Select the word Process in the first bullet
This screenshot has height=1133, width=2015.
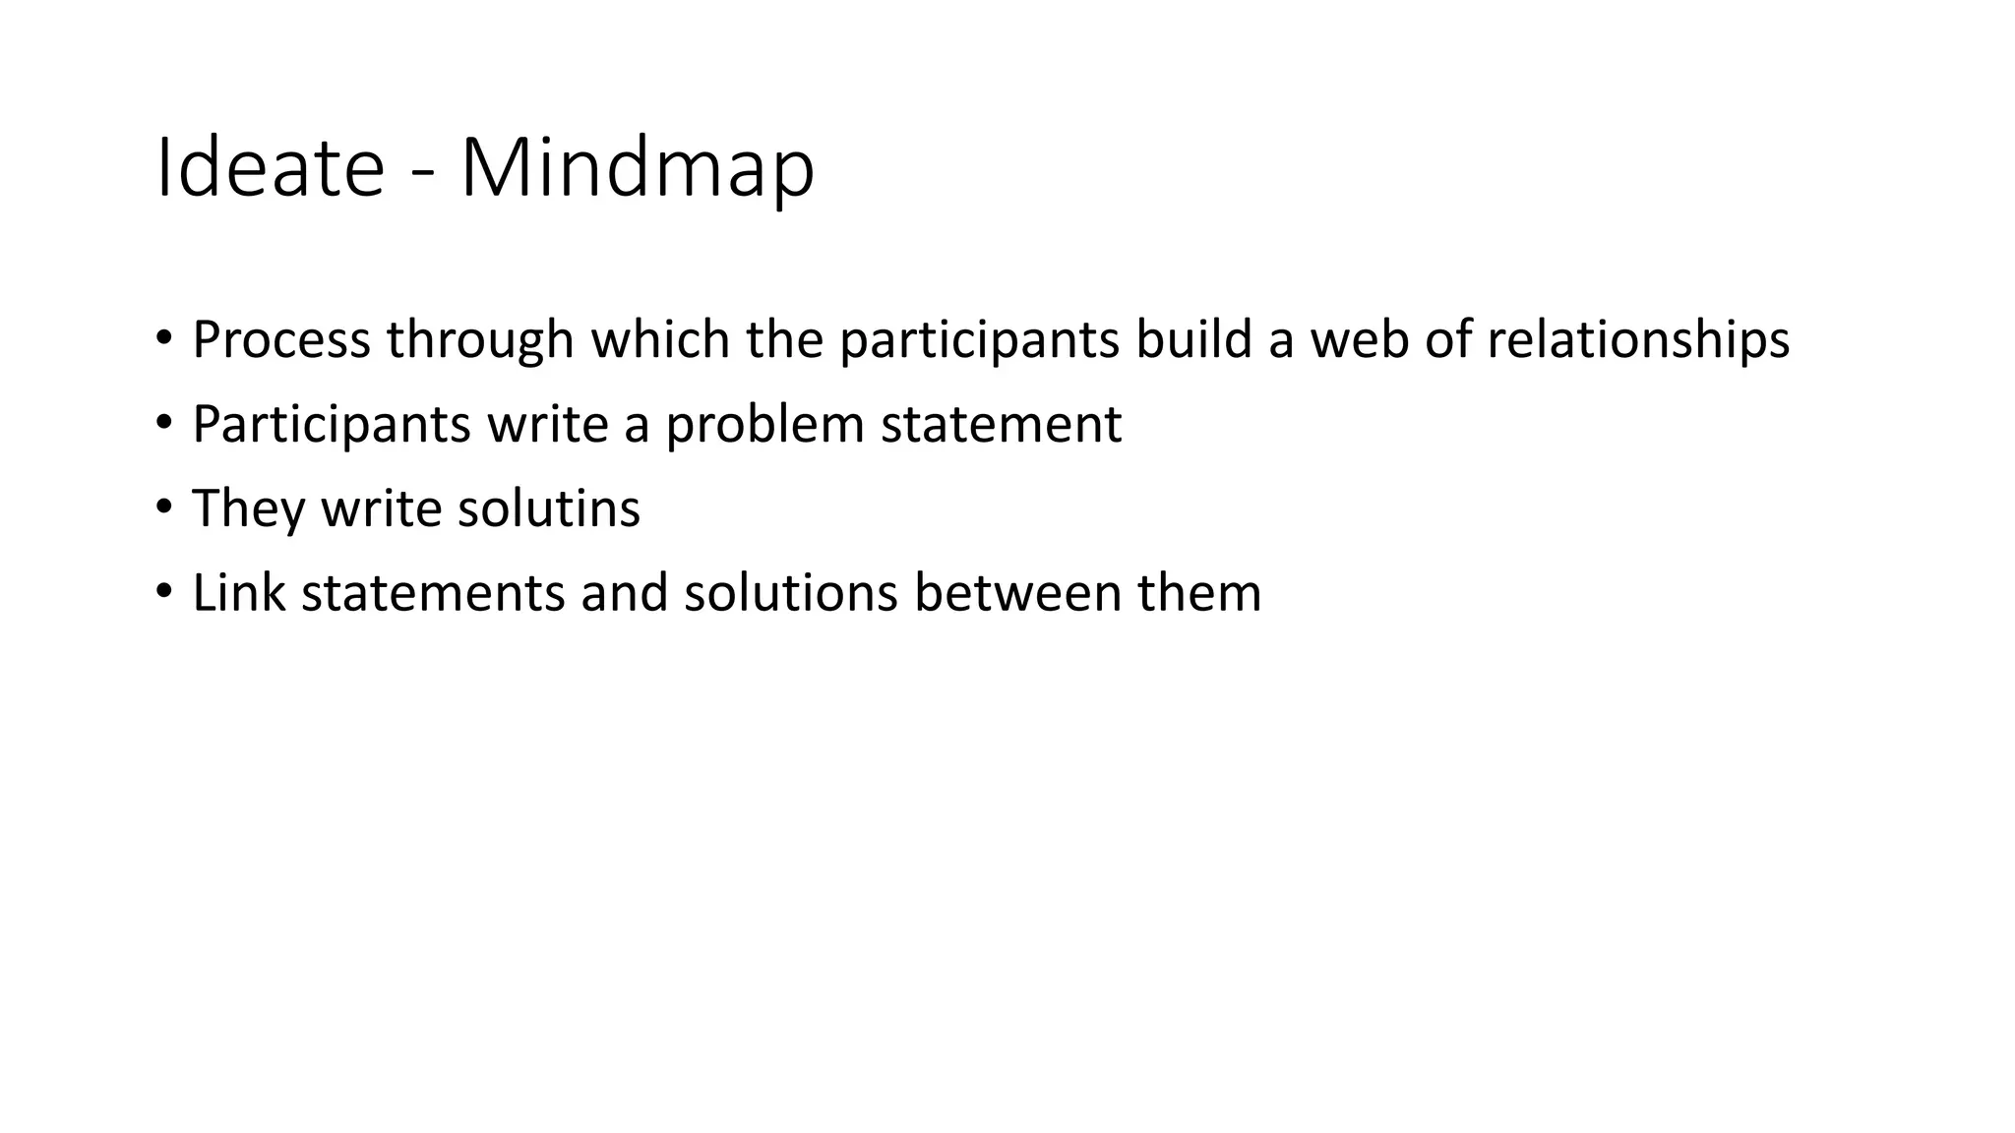[x=281, y=339]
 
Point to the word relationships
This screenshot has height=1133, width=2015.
[x=1637, y=341]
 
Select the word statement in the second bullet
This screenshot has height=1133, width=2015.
[x=1001, y=424]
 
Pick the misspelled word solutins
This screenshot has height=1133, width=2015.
[x=548, y=508]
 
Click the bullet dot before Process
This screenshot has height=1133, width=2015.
[x=163, y=339]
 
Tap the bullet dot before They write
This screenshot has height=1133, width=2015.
[x=163, y=508]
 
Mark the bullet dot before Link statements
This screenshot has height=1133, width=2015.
[x=163, y=593]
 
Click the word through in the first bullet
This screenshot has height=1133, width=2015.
[x=480, y=341]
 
